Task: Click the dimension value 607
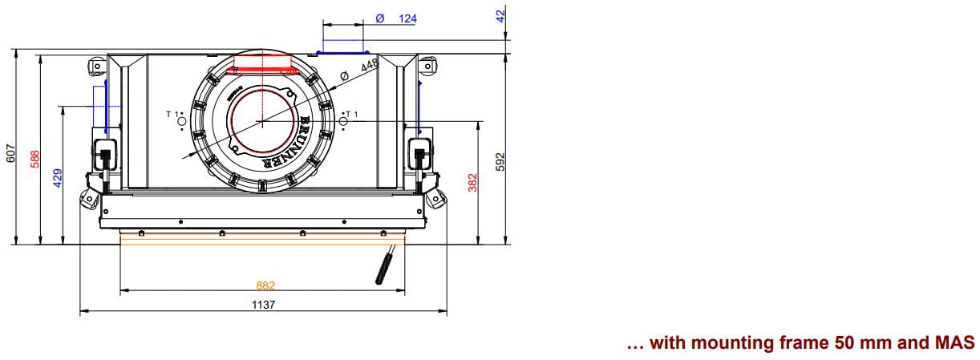(11, 153)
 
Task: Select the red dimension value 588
(35, 159)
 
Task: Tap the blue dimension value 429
(58, 178)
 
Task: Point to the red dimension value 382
(473, 183)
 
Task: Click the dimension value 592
(501, 161)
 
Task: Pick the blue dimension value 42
(501, 16)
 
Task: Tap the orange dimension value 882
(265, 285)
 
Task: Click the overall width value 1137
(263, 305)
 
